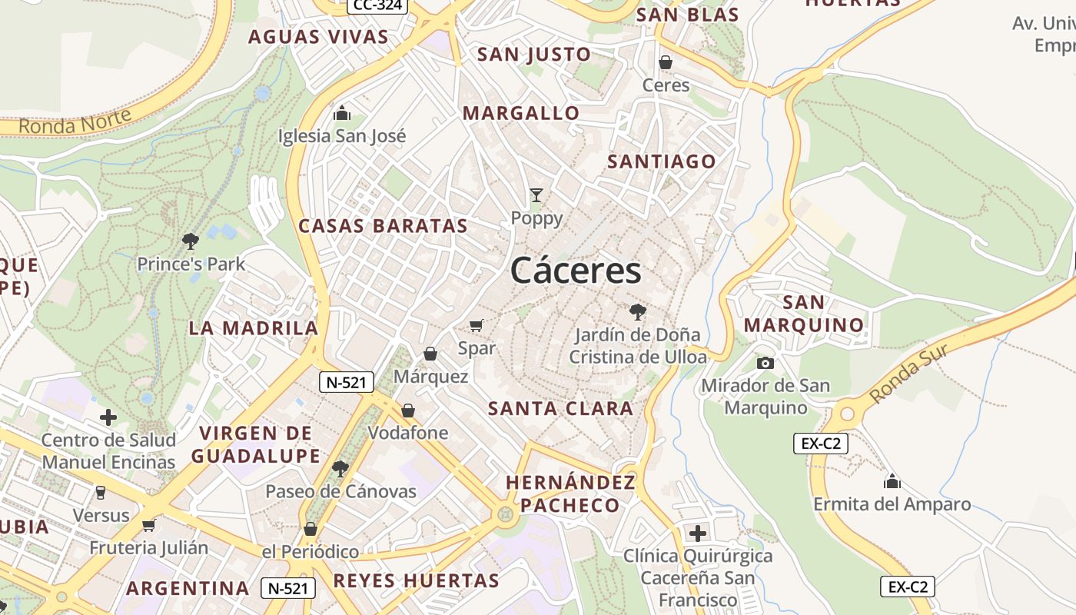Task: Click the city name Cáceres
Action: click(576, 271)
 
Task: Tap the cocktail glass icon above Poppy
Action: click(536, 195)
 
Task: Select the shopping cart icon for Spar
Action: click(477, 326)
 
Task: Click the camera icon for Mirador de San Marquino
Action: click(765, 363)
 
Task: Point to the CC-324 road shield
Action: click(377, 5)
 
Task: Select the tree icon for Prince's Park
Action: click(191, 241)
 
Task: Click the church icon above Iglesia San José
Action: click(342, 114)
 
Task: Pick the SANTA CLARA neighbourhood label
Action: click(561, 408)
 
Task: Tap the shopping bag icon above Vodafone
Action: click(408, 411)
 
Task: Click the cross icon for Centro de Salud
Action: click(108, 417)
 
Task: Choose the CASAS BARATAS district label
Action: click(383, 226)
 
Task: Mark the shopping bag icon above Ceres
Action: click(666, 62)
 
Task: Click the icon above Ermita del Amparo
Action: click(892, 482)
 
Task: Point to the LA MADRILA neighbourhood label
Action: click(254, 328)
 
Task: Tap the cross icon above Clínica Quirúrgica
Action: click(698, 533)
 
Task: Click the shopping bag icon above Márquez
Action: click(430, 354)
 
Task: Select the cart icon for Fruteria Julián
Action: click(149, 525)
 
